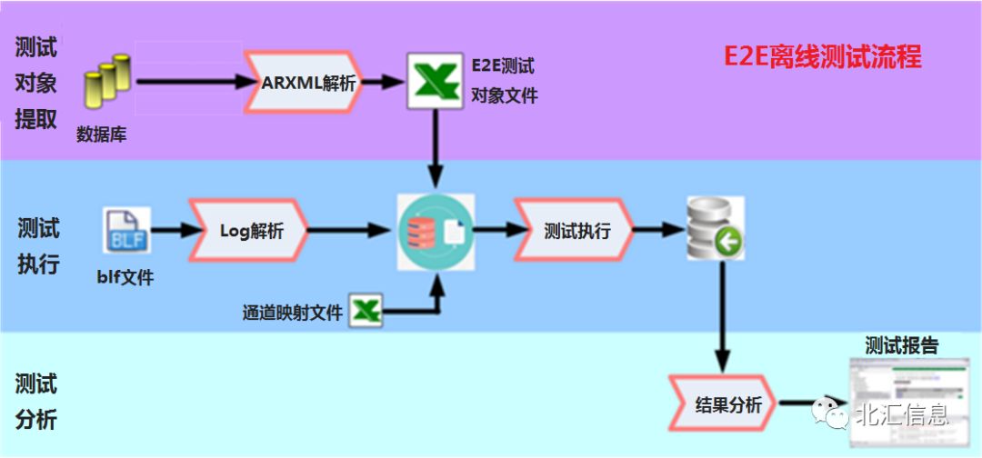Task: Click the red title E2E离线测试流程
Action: coord(822,58)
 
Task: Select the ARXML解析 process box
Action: coord(306,83)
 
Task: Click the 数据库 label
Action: coord(101,135)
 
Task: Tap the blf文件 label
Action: coord(125,276)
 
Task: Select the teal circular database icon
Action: coord(436,230)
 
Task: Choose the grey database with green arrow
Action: coord(715,230)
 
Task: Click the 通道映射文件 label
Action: coord(293,313)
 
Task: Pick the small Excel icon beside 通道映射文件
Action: coord(366,311)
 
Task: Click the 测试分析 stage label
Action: coord(36,402)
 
